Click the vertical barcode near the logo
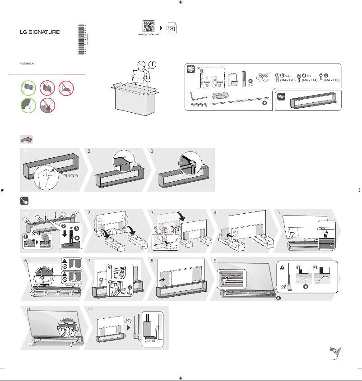[81, 39]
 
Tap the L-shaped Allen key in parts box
[195, 95]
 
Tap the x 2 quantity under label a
[250, 84]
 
